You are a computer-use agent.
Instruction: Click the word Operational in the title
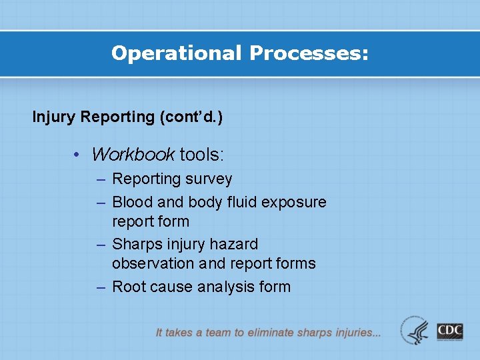[x=177, y=53]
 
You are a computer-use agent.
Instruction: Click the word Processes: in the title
[x=309, y=53]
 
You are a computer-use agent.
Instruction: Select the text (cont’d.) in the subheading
[x=191, y=117]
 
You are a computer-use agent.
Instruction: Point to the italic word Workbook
[x=133, y=155]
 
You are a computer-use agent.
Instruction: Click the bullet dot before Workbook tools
[x=78, y=155]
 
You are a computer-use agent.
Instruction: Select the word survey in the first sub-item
[x=211, y=179]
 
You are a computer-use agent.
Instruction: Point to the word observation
[x=153, y=264]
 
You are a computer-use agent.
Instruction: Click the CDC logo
[x=450, y=331]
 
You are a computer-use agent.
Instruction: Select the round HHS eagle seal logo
[x=415, y=330]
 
